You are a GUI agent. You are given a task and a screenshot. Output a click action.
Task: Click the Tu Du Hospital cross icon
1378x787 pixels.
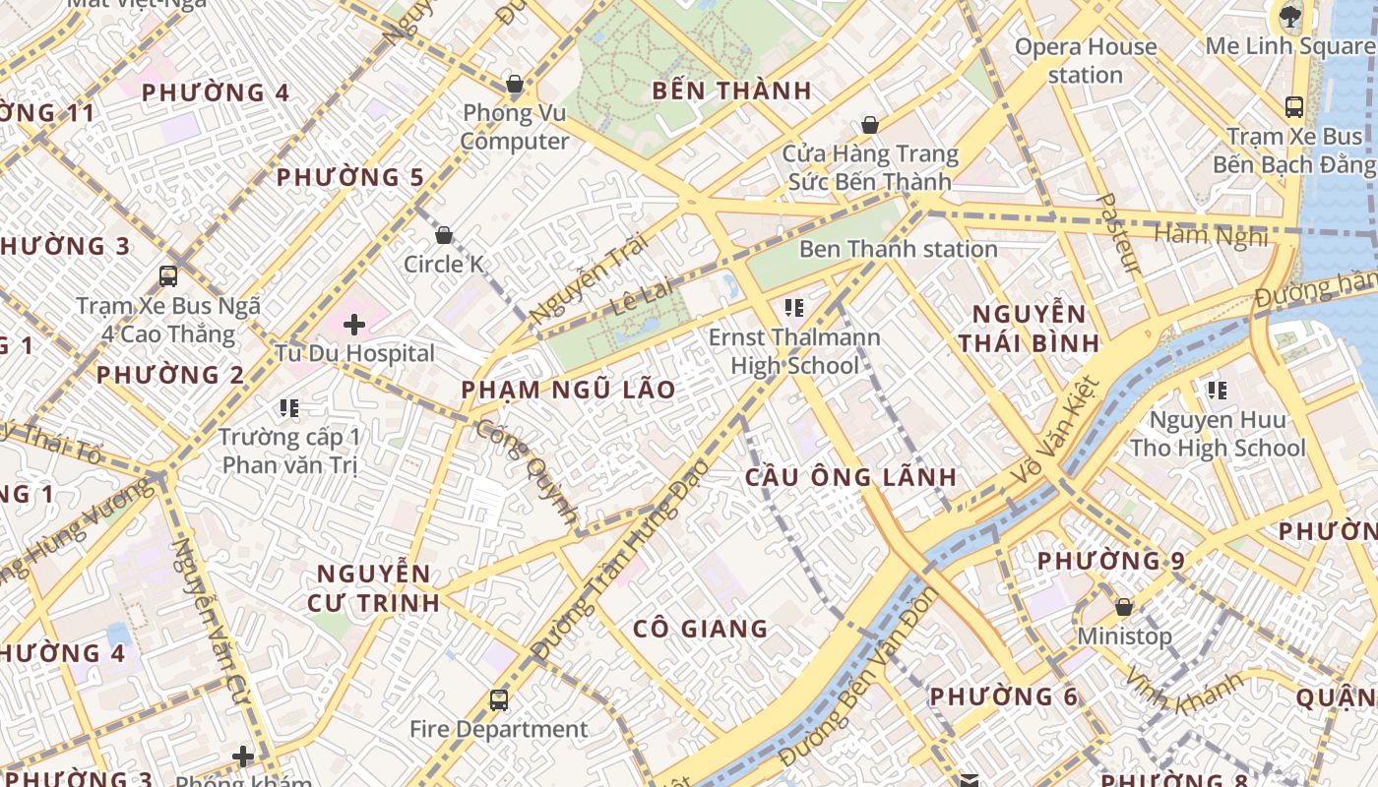pos(354,324)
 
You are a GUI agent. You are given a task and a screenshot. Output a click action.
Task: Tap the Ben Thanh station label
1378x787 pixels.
pos(898,249)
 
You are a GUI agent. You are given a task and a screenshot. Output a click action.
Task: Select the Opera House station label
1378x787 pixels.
pos(1085,61)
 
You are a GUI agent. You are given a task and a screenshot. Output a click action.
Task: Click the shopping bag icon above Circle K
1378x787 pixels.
pos(444,235)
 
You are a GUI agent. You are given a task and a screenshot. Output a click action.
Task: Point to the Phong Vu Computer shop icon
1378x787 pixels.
pos(514,84)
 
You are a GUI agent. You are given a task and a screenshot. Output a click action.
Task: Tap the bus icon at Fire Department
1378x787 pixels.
pos(499,700)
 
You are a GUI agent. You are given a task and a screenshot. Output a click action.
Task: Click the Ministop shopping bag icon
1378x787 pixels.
pos(1123,607)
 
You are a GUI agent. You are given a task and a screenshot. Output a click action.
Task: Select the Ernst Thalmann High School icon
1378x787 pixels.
pos(794,308)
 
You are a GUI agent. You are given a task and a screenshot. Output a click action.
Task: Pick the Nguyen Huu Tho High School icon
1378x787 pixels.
pos(1218,391)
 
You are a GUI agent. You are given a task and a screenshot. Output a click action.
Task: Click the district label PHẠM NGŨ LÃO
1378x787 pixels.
pos(568,390)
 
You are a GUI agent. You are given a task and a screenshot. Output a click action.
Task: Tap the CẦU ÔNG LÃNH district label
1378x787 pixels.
pos(850,477)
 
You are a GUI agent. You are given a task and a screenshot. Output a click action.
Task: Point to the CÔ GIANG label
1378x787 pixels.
pos(700,629)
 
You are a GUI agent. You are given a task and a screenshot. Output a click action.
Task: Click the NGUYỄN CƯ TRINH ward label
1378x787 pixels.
pos(374,587)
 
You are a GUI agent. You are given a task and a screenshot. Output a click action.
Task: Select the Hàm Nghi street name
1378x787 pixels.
pos(1210,235)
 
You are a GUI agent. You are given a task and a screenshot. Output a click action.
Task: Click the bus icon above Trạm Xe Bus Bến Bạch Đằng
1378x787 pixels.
pos(1294,107)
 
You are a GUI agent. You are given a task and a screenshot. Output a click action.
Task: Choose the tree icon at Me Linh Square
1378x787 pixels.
pos(1288,16)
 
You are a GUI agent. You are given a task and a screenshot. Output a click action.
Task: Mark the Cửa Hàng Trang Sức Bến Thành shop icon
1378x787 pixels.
pos(869,125)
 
